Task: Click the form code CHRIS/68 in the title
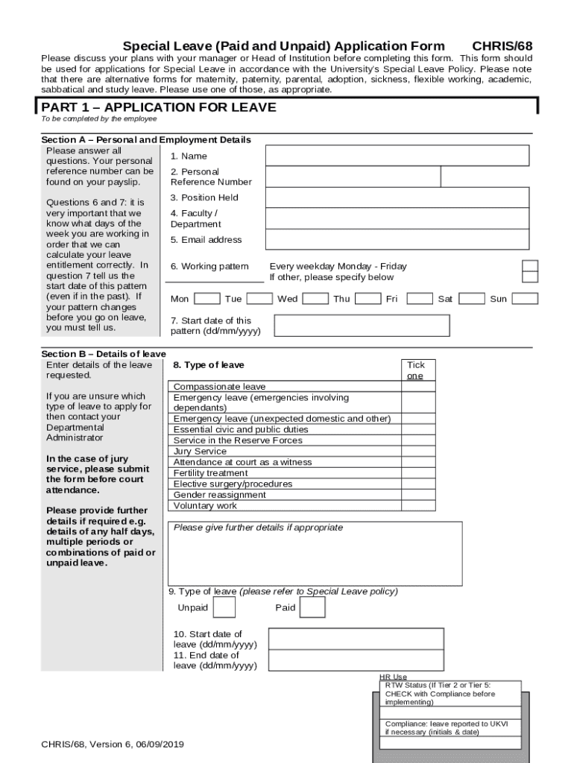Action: click(502, 46)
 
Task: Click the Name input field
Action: click(397, 156)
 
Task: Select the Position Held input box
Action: click(397, 197)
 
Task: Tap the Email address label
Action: click(206, 240)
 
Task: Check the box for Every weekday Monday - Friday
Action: click(529, 266)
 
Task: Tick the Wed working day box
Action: click(315, 299)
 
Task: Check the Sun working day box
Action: click(525, 299)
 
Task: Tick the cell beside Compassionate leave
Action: click(418, 387)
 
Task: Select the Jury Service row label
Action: click(200, 452)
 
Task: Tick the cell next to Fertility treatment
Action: click(418, 473)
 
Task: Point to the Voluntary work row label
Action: click(205, 506)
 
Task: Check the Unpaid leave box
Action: click(224, 607)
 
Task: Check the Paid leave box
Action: click(312, 607)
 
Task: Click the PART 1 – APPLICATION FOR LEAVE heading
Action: click(159, 107)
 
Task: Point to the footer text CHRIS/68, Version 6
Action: click(113, 744)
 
